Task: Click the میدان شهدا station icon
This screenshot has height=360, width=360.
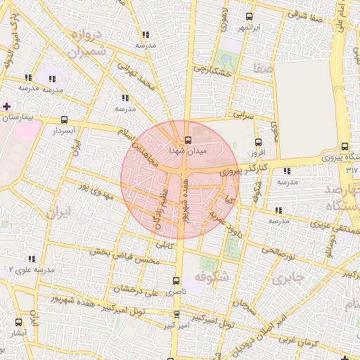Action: (x=187, y=140)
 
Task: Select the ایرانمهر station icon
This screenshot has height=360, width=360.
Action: (x=249, y=17)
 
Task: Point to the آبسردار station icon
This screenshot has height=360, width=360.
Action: (x=65, y=120)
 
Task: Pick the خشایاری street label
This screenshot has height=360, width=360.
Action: (x=212, y=70)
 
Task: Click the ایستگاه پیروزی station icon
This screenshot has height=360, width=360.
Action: (x=343, y=146)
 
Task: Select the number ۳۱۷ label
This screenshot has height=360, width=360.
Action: (x=352, y=170)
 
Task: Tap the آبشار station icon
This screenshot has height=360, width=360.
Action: (x=18, y=321)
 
